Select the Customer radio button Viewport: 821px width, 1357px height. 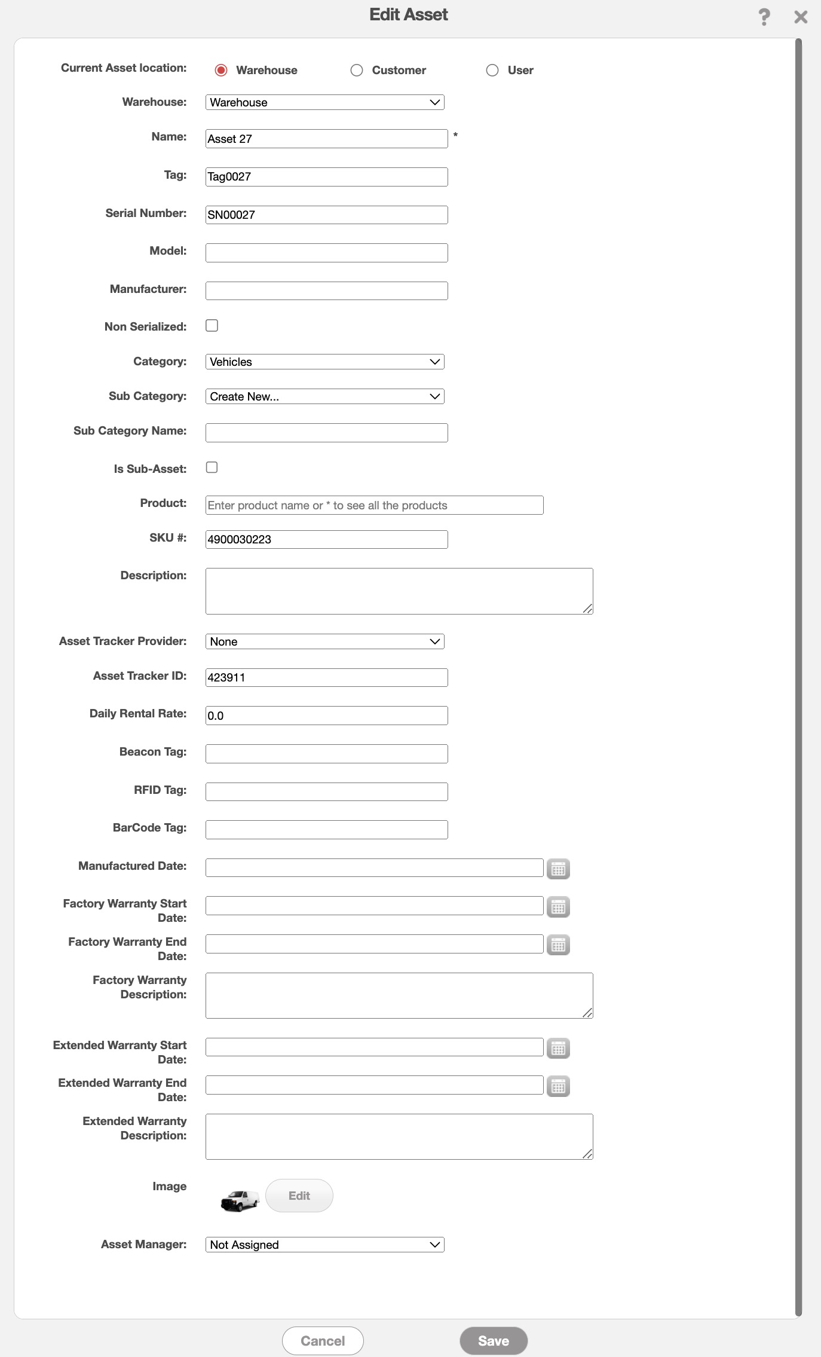point(357,71)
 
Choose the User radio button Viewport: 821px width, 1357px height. point(492,71)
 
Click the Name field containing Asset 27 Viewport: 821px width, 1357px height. point(326,139)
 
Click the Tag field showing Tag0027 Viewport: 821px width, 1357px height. point(326,177)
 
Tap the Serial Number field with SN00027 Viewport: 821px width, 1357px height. point(326,215)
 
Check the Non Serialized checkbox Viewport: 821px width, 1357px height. point(212,326)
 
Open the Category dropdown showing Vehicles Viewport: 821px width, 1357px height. point(324,362)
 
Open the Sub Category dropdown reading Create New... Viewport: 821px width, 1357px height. point(324,396)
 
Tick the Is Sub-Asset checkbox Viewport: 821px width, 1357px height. point(212,467)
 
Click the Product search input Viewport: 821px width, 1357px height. point(374,505)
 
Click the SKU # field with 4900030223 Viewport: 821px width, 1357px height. point(326,539)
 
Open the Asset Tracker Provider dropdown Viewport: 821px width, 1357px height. point(324,641)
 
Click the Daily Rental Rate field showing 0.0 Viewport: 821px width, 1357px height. point(326,716)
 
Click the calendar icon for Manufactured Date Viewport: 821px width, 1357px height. point(558,869)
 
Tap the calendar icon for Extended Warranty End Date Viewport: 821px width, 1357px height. point(558,1086)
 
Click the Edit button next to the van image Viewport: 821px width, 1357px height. point(299,1196)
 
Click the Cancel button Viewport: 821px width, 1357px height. point(323,1341)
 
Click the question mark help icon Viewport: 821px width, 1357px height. point(764,17)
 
